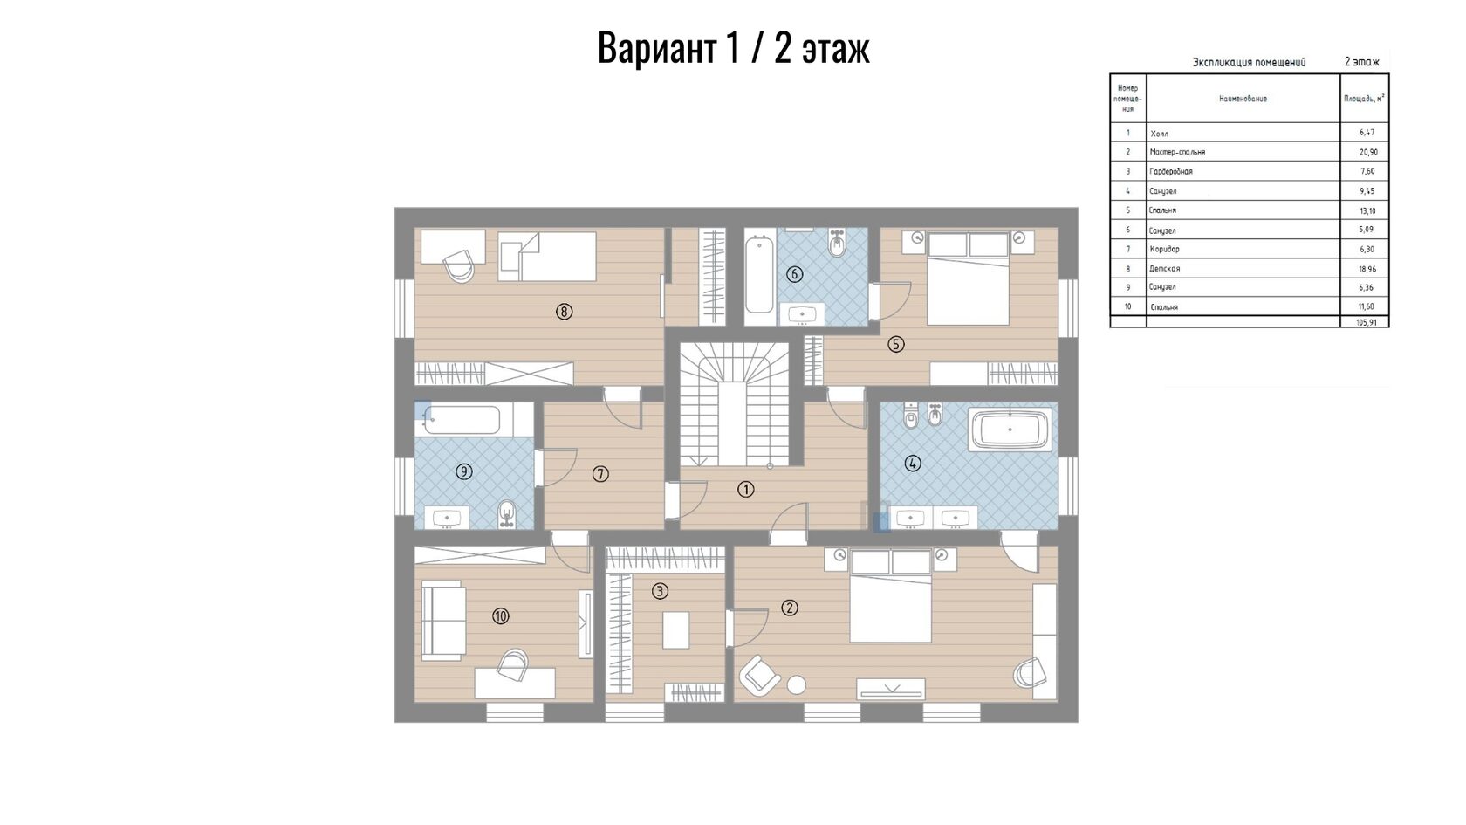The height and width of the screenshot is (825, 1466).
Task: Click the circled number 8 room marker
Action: click(564, 312)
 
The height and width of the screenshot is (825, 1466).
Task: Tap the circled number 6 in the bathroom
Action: click(794, 274)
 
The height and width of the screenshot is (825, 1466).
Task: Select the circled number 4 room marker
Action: click(913, 464)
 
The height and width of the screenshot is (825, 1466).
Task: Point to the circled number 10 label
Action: click(501, 616)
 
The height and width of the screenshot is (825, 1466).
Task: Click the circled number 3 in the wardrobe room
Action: click(660, 591)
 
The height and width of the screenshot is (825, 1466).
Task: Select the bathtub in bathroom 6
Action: click(759, 274)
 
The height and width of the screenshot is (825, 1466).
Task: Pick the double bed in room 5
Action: click(968, 279)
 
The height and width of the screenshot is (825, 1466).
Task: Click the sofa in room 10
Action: click(443, 622)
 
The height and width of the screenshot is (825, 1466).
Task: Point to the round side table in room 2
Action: click(797, 684)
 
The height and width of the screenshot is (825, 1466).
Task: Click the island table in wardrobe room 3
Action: click(676, 630)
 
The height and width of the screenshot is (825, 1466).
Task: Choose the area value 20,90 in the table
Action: click(1368, 152)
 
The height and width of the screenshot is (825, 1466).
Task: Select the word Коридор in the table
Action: click(1164, 249)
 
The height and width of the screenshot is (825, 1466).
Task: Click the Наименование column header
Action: click(1243, 99)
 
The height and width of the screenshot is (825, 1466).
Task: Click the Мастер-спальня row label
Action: click(1177, 152)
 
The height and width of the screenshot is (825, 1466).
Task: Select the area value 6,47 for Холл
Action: click(1367, 133)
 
